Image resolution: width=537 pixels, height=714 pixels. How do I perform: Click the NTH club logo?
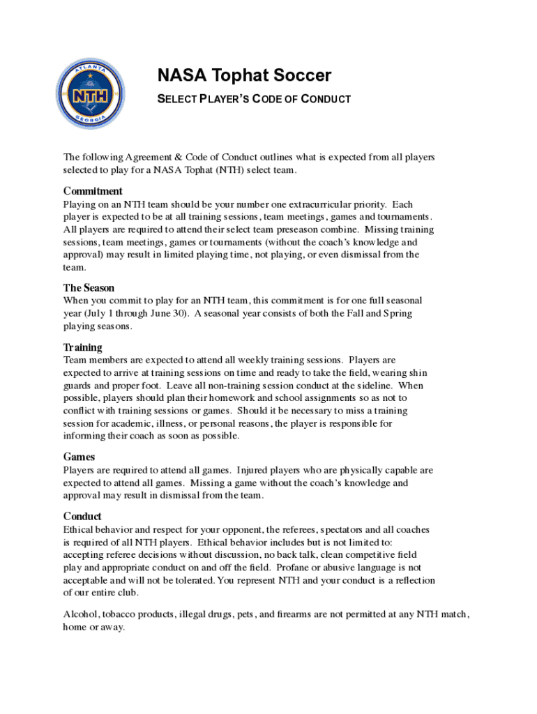[91, 93]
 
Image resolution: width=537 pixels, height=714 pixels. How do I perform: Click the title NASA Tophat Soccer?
[243, 75]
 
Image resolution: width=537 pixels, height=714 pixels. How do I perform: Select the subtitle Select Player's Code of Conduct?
[253, 100]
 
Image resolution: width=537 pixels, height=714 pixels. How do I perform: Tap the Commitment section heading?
[93, 191]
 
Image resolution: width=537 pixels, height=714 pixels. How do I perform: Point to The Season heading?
[89, 287]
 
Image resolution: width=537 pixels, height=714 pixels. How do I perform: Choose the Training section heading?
[82, 347]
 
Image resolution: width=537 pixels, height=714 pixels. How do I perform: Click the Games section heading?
[79, 457]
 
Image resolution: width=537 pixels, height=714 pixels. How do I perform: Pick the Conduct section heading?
[82, 517]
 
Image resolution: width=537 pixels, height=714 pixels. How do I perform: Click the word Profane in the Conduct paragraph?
[328, 568]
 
